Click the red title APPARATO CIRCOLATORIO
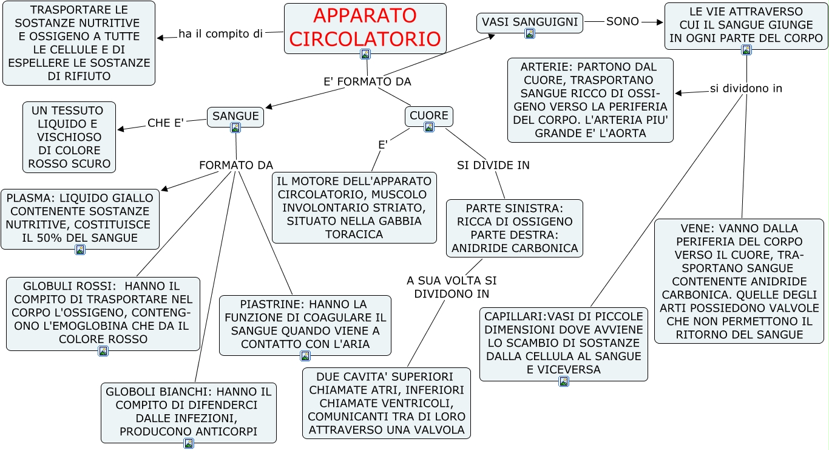(x=365, y=27)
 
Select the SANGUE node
(x=235, y=116)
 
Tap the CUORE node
(x=429, y=115)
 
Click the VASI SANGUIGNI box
(x=529, y=22)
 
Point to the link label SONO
(x=623, y=21)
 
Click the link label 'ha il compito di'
(x=220, y=34)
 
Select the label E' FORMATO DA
(x=367, y=81)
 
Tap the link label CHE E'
(x=166, y=123)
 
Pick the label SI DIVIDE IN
(x=493, y=165)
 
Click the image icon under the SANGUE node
(x=235, y=128)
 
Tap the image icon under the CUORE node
(x=429, y=127)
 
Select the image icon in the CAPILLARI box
(x=564, y=381)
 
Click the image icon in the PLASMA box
(x=80, y=250)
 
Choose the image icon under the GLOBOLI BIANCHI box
(x=189, y=443)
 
